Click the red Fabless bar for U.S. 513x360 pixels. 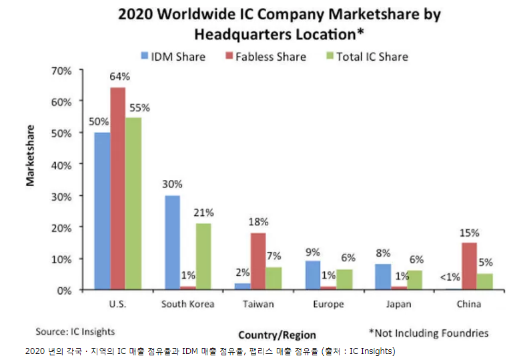coord(118,189)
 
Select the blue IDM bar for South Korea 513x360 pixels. coord(172,243)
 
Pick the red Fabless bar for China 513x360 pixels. coord(469,266)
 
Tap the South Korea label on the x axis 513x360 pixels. coord(188,304)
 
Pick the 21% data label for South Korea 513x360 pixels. coord(203,213)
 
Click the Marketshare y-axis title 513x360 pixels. coord(31,155)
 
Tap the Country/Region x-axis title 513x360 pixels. coord(277,335)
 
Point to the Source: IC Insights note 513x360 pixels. coord(75,331)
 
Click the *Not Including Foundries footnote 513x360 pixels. coord(428,333)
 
